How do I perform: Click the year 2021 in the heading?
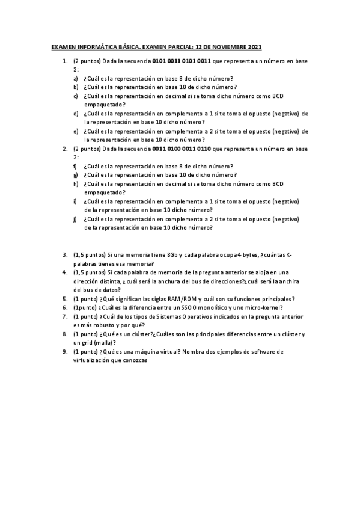[254, 48]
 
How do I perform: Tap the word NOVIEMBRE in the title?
[226, 48]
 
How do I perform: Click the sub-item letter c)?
[76, 96]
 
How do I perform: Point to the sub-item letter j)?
[75, 220]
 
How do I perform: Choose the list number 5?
[65, 298]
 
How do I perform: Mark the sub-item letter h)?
[76, 183]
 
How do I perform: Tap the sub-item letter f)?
[75, 166]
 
